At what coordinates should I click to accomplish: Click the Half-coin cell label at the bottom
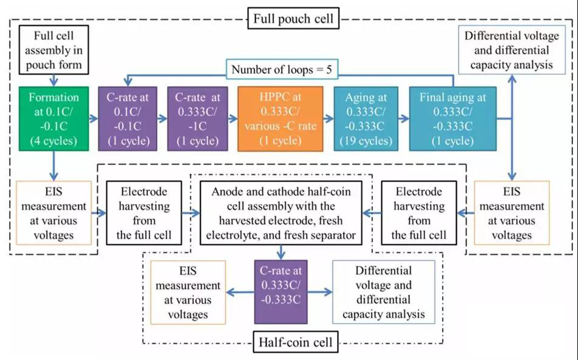click(x=293, y=342)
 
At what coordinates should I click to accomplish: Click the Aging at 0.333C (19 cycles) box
click(x=365, y=119)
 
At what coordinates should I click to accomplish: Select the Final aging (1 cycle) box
click(x=452, y=119)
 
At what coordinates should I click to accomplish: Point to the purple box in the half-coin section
click(x=280, y=291)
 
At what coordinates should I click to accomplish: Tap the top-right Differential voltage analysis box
click(x=509, y=49)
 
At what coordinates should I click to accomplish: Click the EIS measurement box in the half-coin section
click(x=187, y=291)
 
